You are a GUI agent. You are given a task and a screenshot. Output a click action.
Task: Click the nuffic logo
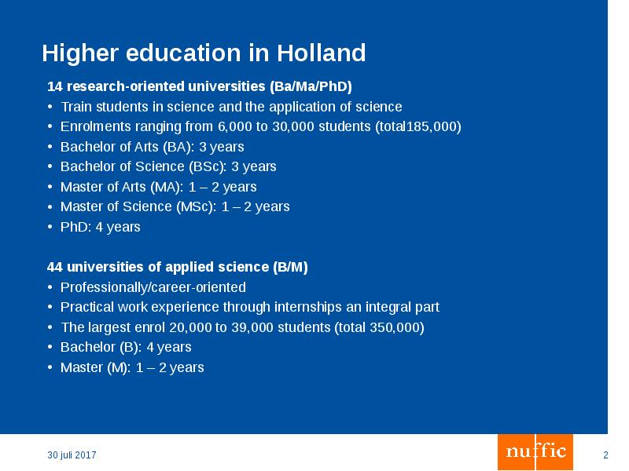(x=535, y=451)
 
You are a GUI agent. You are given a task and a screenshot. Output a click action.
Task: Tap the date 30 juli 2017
(x=72, y=455)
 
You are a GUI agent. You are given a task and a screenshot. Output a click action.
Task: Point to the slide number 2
(x=605, y=455)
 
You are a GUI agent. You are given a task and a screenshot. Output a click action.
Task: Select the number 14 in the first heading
(x=54, y=86)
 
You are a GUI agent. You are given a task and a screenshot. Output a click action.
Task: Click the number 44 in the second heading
(x=54, y=267)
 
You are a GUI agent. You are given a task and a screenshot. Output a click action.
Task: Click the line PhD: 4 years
(x=100, y=227)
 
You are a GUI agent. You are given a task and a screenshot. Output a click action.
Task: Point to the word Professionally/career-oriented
(x=153, y=287)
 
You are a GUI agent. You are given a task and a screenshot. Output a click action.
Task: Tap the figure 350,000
(x=397, y=327)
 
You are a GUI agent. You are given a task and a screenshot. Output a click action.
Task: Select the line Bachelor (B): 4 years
(x=126, y=347)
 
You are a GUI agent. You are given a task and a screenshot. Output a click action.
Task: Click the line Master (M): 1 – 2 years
(x=132, y=367)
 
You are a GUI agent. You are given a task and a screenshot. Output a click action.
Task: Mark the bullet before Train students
(x=50, y=107)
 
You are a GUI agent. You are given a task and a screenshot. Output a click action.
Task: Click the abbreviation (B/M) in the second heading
(x=290, y=267)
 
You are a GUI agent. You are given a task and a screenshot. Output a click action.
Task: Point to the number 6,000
(x=235, y=126)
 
